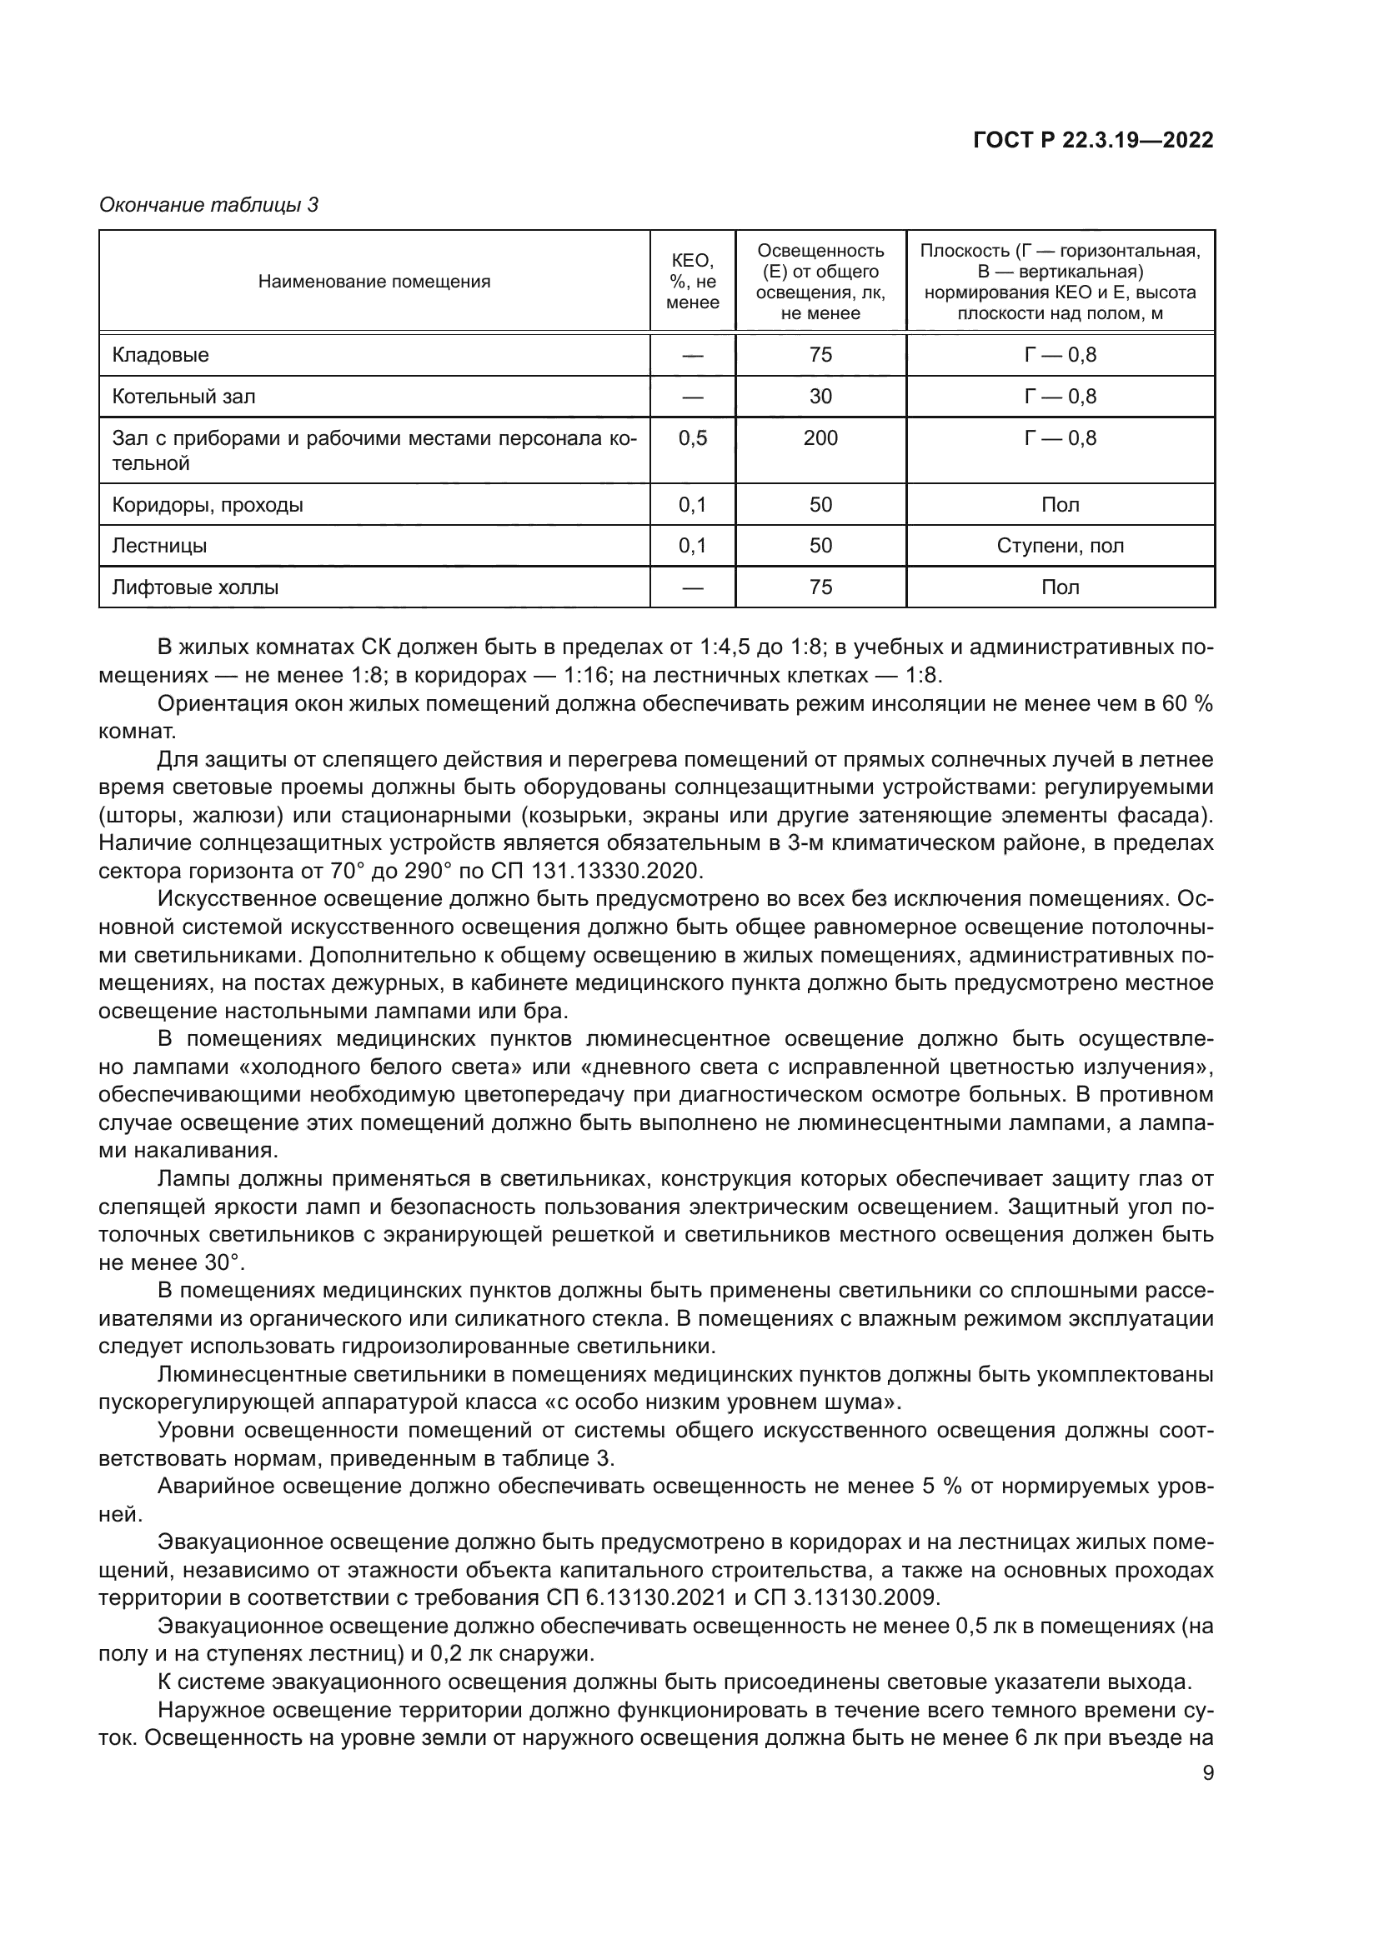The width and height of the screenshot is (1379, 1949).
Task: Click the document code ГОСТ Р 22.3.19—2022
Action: point(1093,141)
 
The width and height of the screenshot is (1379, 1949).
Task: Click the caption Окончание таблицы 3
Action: point(209,205)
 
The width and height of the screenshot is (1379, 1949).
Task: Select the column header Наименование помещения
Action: point(374,282)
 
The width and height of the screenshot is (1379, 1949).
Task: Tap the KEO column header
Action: point(692,282)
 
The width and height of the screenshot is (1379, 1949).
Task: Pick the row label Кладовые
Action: point(160,355)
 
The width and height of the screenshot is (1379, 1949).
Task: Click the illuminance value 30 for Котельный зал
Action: point(820,397)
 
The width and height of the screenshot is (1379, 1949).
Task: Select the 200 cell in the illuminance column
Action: point(820,438)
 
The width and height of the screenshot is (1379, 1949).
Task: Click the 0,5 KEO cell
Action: point(692,438)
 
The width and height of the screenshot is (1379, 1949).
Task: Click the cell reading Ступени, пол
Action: point(1060,546)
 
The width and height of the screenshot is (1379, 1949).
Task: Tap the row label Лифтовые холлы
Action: point(195,587)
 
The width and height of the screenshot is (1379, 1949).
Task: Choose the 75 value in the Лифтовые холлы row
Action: point(820,587)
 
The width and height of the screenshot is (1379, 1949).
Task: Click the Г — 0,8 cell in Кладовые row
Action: point(1060,355)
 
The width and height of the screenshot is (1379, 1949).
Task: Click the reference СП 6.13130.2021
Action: point(634,1597)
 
